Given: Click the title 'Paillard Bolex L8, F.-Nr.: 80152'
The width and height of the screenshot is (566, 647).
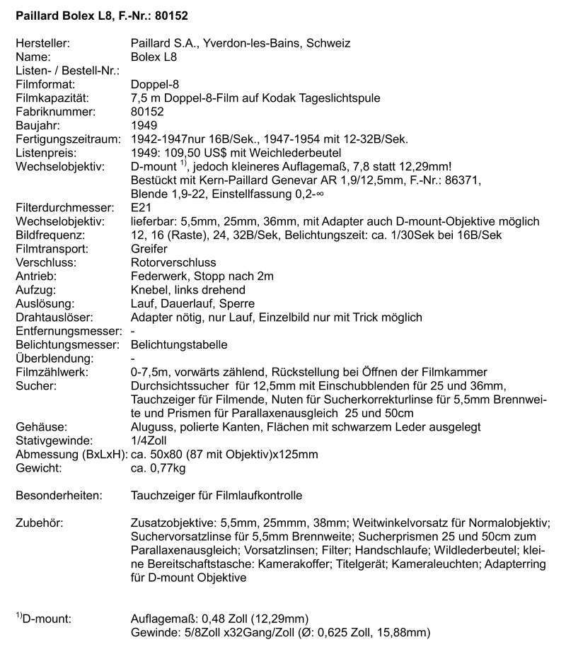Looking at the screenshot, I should tap(102, 14).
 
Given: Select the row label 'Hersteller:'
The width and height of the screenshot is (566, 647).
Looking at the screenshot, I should tap(42, 43).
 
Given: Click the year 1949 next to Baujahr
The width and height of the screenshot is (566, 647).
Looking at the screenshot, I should tap(145, 125).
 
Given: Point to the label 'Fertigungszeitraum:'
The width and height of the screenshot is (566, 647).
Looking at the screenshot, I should tap(66, 139).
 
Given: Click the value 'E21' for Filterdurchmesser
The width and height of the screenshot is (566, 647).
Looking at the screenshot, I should tap(141, 208).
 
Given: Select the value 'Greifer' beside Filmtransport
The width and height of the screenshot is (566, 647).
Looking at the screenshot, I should tap(150, 249).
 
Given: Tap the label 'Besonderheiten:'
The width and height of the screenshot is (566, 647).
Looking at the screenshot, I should tap(59, 496).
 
